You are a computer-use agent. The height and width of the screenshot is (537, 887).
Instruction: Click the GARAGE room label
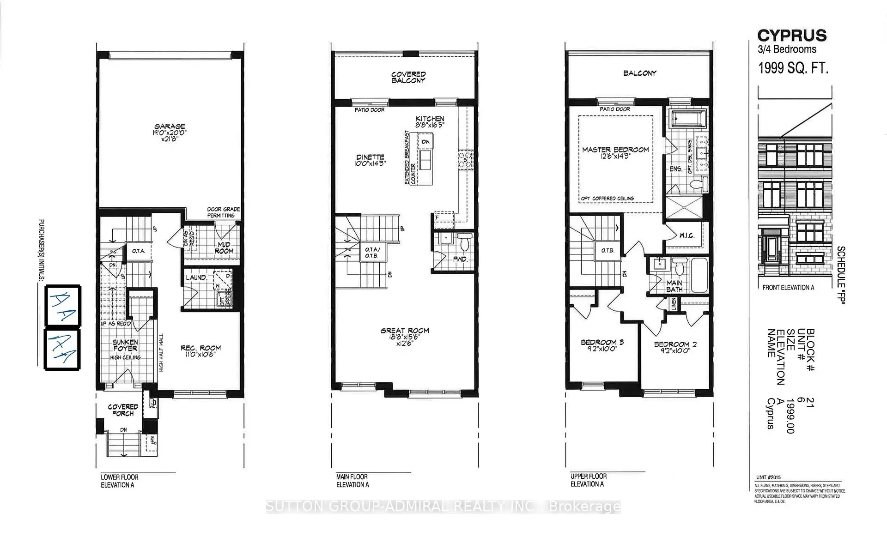tap(170, 126)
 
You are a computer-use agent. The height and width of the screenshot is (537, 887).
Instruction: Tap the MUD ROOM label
tap(224, 248)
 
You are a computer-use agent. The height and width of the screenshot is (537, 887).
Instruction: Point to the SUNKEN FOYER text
tap(125, 345)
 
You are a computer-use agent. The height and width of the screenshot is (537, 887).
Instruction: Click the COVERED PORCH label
tap(123, 410)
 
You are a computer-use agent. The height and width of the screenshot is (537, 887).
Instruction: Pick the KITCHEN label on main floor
tap(430, 119)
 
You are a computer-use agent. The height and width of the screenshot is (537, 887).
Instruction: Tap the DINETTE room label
tap(370, 157)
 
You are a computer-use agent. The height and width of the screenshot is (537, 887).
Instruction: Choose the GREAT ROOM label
tap(405, 331)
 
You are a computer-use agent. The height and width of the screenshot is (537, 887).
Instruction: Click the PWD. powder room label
tap(460, 259)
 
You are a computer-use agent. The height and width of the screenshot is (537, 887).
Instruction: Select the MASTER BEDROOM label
tap(615, 150)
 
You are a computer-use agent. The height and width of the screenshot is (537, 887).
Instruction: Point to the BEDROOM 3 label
tap(602, 343)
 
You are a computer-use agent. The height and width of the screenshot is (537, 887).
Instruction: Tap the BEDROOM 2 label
tap(675, 344)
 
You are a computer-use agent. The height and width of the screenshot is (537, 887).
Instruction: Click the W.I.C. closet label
tap(687, 235)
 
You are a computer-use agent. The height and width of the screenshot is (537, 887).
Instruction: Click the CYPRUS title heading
tap(792, 36)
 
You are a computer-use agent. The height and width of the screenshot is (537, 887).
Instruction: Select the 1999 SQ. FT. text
tap(793, 68)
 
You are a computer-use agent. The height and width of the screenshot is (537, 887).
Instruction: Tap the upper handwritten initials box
tap(63, 305)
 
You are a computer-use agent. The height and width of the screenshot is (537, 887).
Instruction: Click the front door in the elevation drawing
tap(770, 252)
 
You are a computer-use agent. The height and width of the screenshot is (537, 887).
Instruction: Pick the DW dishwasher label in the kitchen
tap(425, 142)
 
